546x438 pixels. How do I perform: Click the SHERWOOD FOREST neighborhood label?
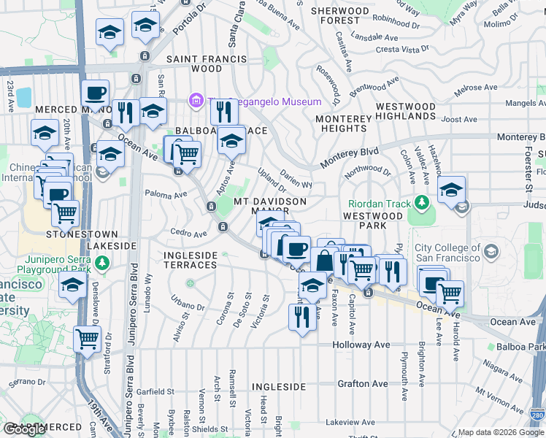(x=340, y=16)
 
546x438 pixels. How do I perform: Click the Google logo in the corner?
(x=24, y=429)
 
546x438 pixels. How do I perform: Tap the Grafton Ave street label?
(x=362, y=383)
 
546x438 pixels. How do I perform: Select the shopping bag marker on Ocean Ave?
(x=325, y=258)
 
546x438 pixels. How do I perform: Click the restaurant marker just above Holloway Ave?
(x=301, y=316)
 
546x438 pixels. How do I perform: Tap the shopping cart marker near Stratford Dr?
(x=88, y=338)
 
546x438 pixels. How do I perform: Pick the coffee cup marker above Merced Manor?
(x=95, y=93)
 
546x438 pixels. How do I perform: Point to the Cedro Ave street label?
(x=189, y=234)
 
